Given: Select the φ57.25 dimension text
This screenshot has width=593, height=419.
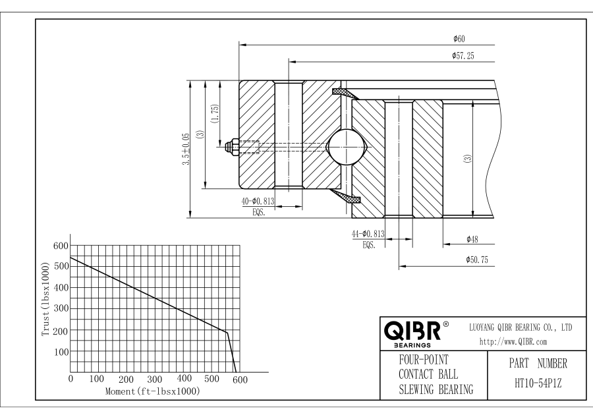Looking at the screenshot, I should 463,57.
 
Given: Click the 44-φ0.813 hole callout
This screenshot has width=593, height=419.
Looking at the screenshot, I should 368,235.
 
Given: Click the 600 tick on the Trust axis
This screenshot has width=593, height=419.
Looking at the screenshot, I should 60,246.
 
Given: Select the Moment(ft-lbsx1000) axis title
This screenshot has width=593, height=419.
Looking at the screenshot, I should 153,391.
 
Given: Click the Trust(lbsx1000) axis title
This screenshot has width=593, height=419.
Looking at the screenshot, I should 45,300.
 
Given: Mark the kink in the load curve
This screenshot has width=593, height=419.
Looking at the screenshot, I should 227,333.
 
